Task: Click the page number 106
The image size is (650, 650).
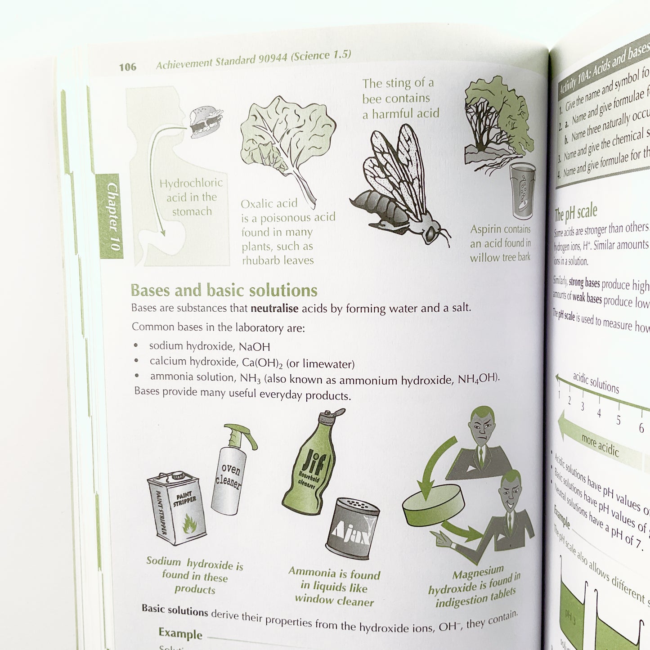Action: coord(127,67)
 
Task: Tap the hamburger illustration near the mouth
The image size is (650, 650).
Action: coord(206,121)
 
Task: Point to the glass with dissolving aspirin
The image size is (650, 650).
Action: coord(523,189)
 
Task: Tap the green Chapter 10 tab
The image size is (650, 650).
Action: coord(110,216)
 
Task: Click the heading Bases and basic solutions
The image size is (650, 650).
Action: coord(224,291)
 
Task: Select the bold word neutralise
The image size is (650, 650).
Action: coord(274,309)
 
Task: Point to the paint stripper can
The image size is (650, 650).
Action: coord(177,508)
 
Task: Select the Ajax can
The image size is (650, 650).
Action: coord(353,528)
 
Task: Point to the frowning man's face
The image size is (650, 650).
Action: coord(481,427)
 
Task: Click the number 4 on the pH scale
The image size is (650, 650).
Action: coord(599,413)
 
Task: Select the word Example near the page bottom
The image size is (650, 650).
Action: coord(180,633)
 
